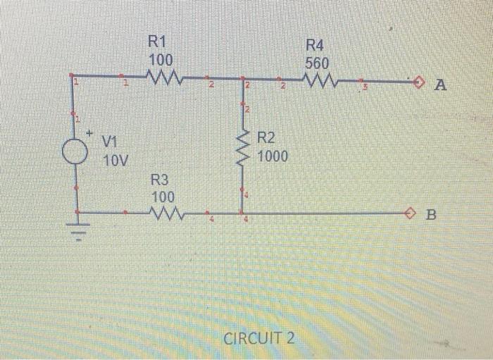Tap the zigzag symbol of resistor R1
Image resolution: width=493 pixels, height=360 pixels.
165,75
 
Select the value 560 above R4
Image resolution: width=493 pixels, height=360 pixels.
317,63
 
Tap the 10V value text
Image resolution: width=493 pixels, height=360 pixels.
116,161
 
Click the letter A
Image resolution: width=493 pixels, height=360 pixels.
441,86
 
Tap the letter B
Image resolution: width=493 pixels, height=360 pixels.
431,215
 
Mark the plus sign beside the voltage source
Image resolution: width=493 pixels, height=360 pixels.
90,132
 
